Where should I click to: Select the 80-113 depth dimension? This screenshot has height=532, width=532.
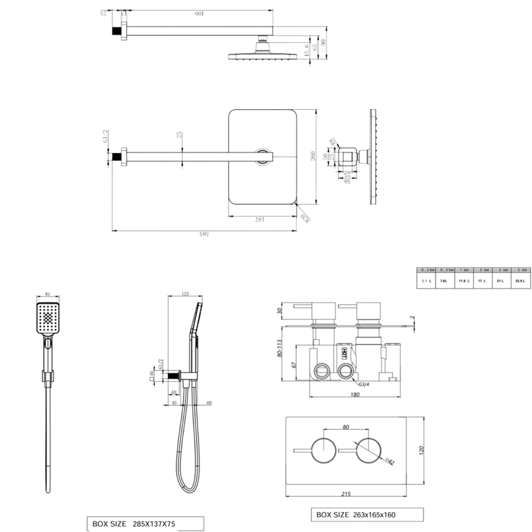tap(280, 350)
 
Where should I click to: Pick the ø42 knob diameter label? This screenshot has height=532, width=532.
tap(388, 460)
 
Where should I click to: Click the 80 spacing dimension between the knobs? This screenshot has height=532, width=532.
tap(345, 428)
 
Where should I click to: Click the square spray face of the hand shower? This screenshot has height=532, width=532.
tap(49, 320)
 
